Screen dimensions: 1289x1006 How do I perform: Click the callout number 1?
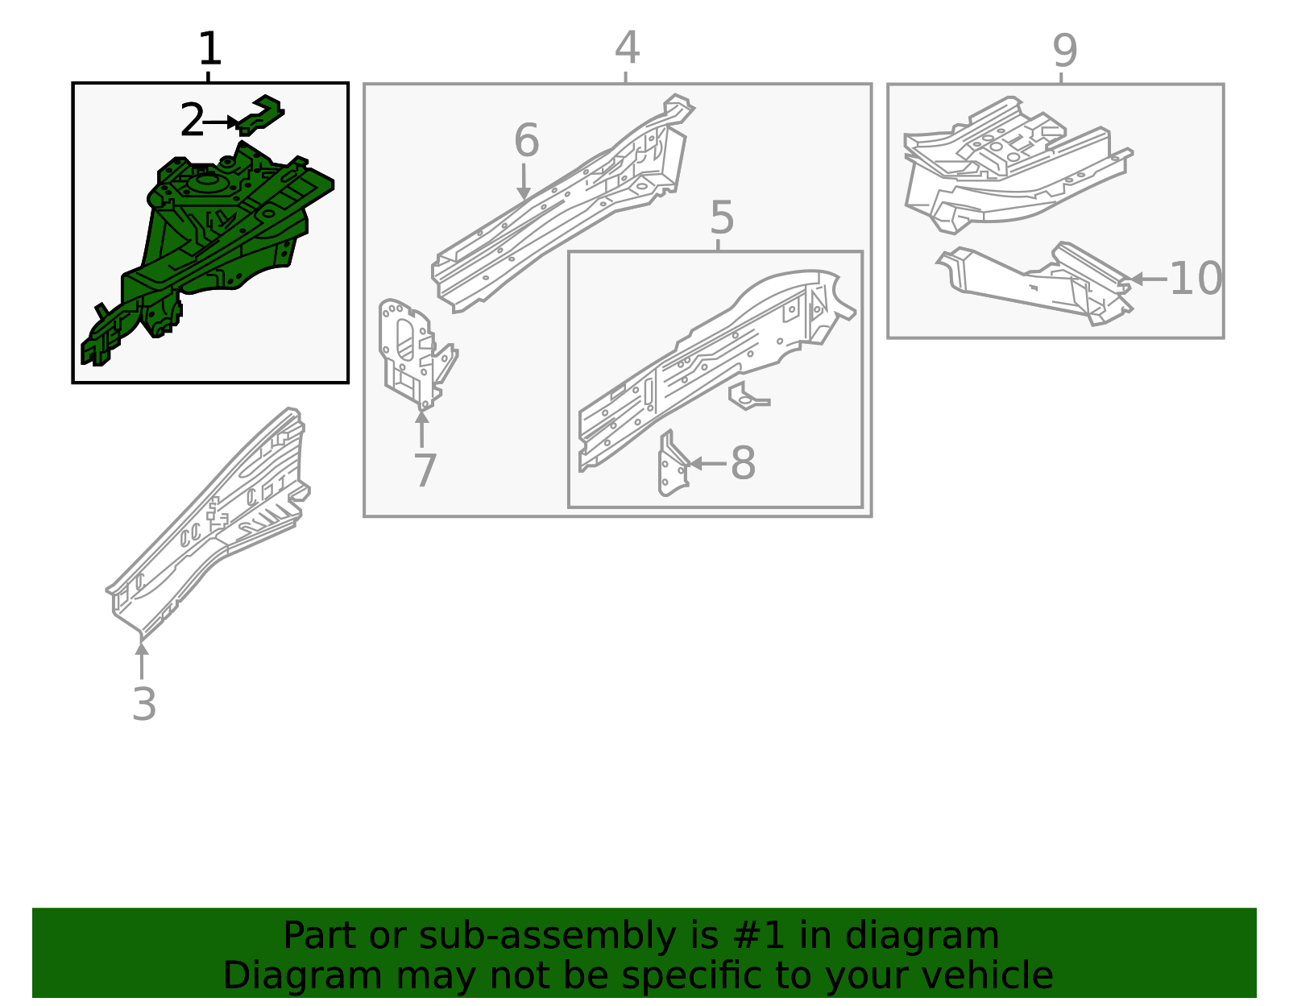tap(210, 48)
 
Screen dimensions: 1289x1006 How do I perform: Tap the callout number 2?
tap(193, 120)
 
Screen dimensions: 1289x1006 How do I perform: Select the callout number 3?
tap(144, 704)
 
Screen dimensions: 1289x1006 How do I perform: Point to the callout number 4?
tap(627, 48)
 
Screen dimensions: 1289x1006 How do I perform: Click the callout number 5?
tap(721, 217)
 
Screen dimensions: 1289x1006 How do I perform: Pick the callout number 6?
tap(526, 140)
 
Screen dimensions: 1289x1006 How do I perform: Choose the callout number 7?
tap(425, 470)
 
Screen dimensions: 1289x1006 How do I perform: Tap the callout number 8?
tap(743, 463)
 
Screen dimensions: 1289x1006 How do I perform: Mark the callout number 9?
tap(1064, 51)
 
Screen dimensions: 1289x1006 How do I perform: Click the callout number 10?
tap(1196, 278)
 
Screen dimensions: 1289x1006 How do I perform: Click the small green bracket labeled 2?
tap(261, 114)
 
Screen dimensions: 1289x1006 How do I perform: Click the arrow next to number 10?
tap(1148, 279)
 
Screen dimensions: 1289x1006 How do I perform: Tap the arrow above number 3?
tap(141, 661)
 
